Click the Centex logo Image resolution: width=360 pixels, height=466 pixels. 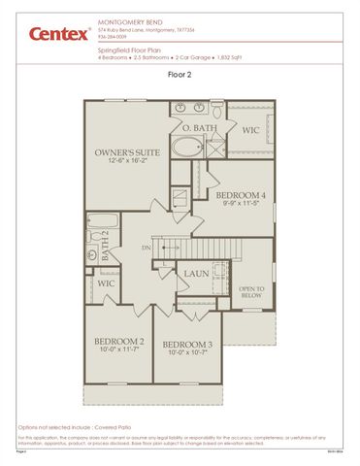[47, 34]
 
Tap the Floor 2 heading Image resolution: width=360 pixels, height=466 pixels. [180, 74]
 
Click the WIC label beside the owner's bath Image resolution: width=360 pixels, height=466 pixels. [250, 128]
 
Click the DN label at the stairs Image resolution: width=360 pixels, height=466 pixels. [146, 248]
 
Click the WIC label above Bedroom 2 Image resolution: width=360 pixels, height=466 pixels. [106, 283]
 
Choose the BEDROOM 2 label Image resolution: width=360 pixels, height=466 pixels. [119, 342]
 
